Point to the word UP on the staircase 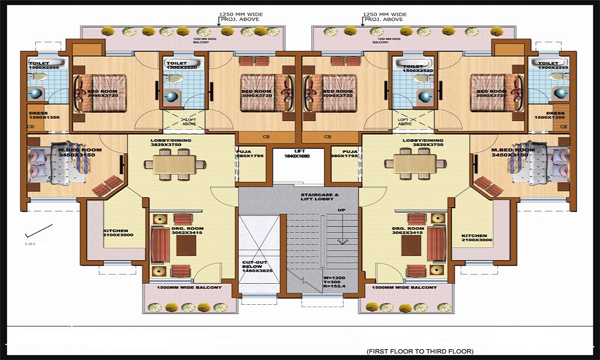click(341, 210)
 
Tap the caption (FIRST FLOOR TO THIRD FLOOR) click(419, 350)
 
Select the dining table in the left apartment click(174, 163)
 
